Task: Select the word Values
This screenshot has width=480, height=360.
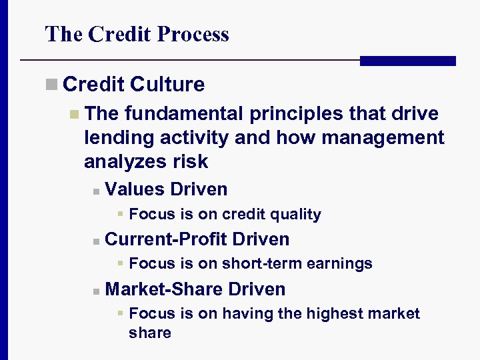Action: (x=135, y=189)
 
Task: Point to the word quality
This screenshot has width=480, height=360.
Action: (x=296, y=215)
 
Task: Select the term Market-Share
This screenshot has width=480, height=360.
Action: (x=164, y=289)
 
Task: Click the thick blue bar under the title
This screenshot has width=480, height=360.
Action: (x=407, y=61)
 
